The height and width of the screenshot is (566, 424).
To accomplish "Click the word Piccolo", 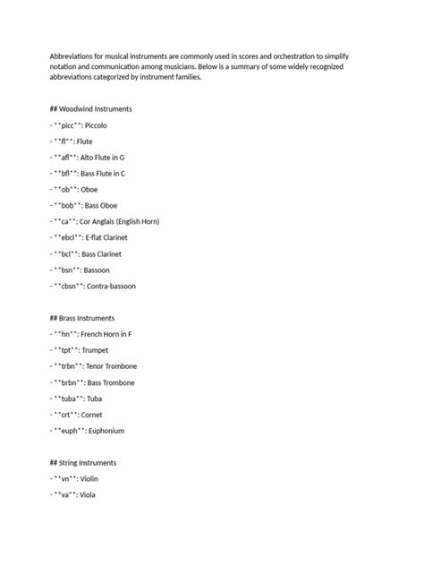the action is [96, 125].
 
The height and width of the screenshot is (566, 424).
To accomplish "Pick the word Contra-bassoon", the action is [113, 286].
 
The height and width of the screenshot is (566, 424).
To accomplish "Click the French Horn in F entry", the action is [106, 334].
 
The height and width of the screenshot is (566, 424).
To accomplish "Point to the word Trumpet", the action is [95, 350].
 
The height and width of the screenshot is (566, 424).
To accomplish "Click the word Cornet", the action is [92, 415].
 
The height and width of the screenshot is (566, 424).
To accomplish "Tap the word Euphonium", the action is [105, 431].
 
